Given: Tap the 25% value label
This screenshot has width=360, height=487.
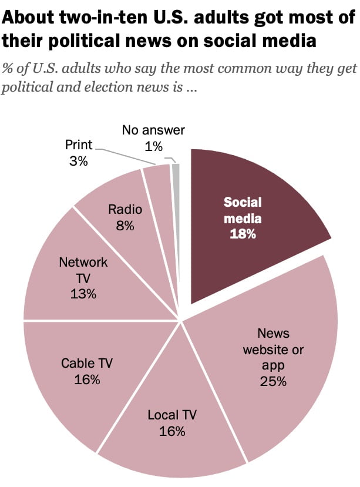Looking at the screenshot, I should tap(273, 381).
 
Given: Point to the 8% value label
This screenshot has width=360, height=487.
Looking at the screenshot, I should tap(126, 226).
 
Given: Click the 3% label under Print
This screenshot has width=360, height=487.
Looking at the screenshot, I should tap(78, 160).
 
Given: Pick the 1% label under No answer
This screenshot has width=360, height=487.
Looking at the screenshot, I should tap(154, 146).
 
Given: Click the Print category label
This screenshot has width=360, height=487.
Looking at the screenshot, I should tap(78, 145).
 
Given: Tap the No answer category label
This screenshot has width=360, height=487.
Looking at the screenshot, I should tap(154, 130).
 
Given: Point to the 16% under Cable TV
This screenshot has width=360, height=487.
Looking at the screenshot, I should tap(87, 379).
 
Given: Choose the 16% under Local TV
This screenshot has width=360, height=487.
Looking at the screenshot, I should tap(172, 432).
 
